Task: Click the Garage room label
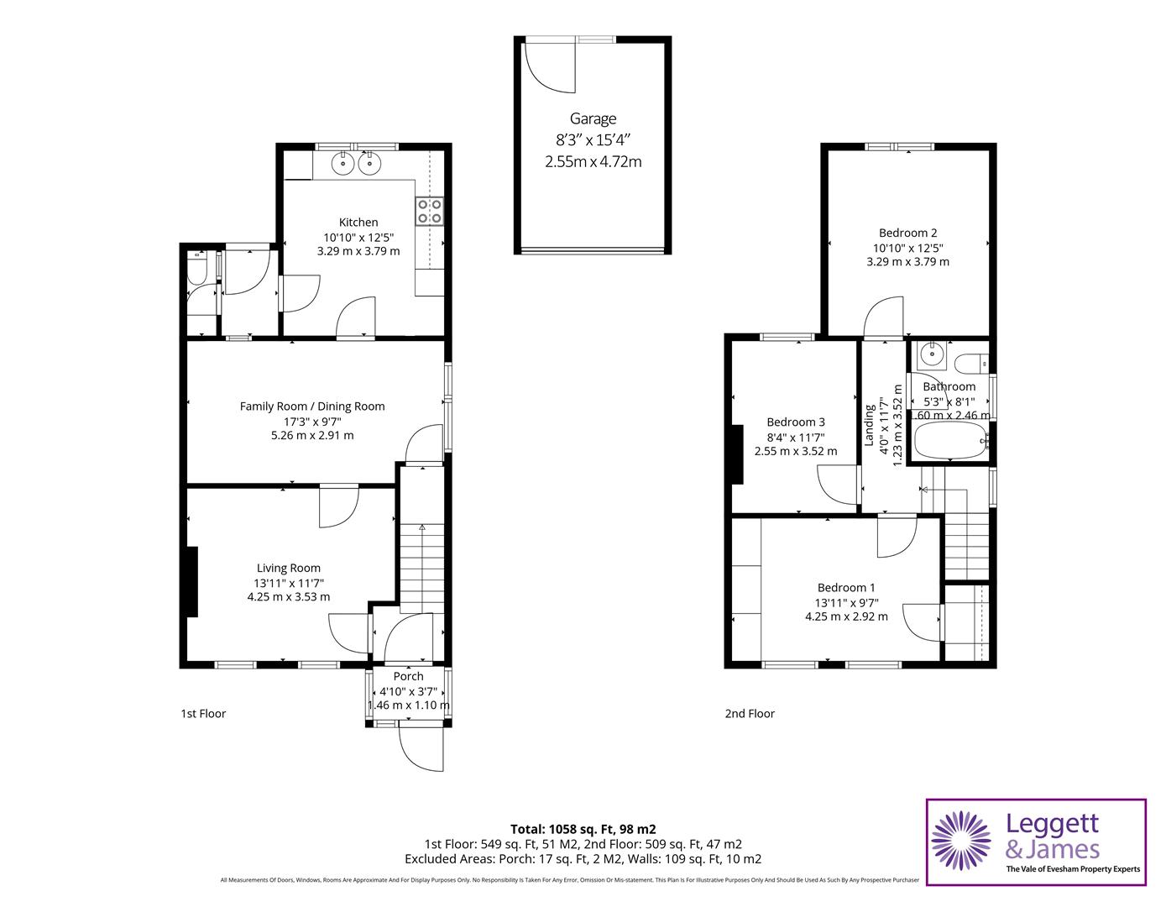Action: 593,119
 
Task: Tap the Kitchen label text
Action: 358,223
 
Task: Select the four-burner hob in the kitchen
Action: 430,211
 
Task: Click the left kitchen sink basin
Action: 342,164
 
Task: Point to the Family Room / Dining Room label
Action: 312,406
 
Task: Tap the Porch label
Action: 409,676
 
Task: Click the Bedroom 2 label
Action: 907,233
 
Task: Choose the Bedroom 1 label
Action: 846,588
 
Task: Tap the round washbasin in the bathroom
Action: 929,355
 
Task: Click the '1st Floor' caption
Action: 203,714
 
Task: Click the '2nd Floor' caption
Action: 750,714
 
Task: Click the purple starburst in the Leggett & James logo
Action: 960,841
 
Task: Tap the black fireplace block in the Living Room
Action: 192,581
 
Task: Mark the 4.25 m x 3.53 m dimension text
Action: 289,597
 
